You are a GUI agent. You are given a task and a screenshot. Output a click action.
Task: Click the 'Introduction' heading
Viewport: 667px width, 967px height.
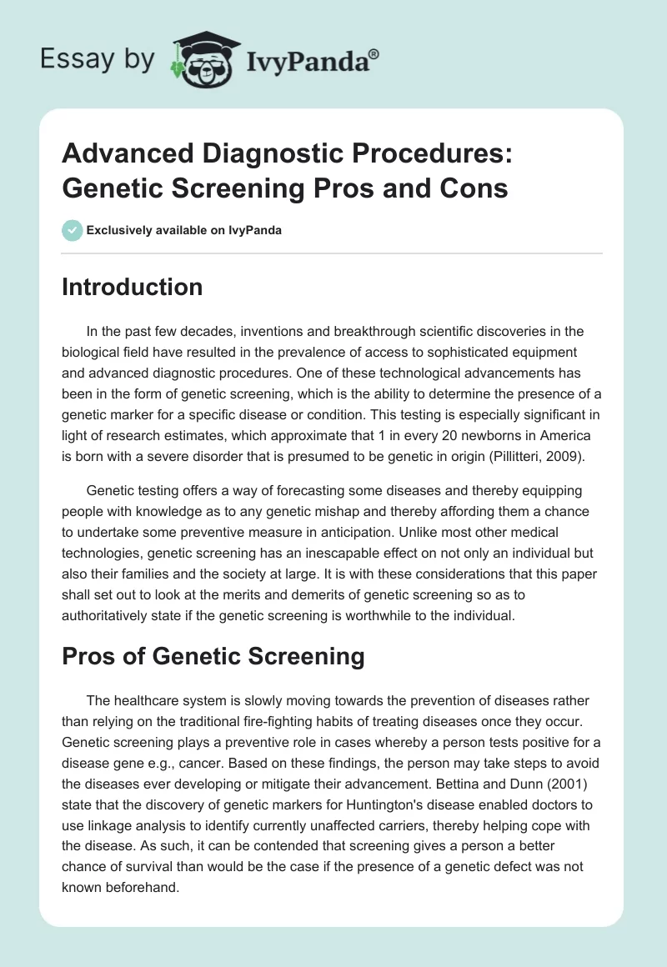[133, 287]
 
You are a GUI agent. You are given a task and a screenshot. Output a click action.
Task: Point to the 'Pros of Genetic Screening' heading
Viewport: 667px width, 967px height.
[213, 656]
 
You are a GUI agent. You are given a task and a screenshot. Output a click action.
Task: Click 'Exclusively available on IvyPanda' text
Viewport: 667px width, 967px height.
[183, 230]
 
